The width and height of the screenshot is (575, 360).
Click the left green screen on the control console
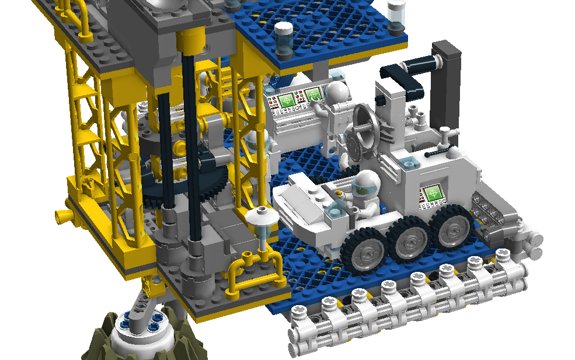[x=286, y=100]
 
